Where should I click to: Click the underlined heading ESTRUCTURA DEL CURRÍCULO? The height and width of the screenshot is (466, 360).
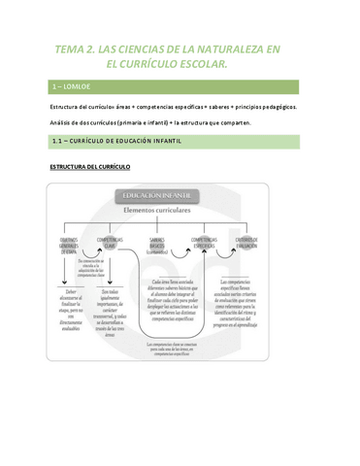coord(89,167)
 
